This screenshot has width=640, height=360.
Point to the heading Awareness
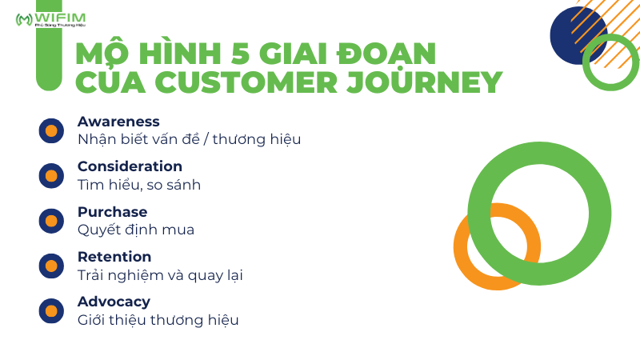click(118, 122)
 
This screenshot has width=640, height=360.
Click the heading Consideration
click(130, 166)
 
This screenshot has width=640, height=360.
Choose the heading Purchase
click(112, 212)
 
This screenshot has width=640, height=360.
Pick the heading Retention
click(114, 257)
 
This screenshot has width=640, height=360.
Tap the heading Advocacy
click(114, 302)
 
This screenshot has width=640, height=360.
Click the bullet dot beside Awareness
click(51, 130)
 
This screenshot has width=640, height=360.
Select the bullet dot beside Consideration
click(51, 175)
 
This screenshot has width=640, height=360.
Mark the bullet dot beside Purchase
click(51, 220)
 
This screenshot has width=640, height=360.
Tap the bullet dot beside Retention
click(51, 265)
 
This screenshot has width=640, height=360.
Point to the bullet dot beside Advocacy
click(51, 310)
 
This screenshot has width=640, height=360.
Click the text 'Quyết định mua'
click(136, 230)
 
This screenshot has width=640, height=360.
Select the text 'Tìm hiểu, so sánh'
click(138, 185)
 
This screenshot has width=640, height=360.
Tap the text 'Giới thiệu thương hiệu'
click(158, 320)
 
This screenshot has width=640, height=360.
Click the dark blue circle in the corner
click(570, 32)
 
